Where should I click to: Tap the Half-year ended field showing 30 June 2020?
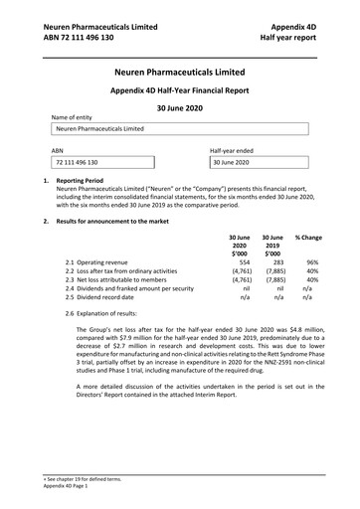click(259, 161)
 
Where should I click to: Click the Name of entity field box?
click(180, 129)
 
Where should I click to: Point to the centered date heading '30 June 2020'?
click(180, 105)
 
